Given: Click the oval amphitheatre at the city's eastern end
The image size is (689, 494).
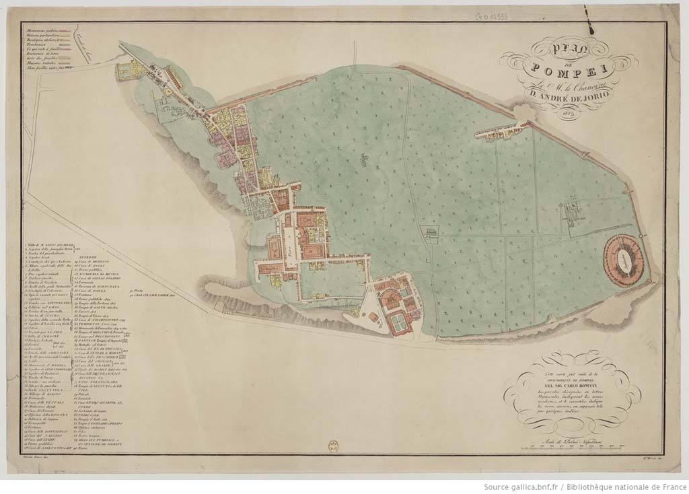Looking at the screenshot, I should point(622,259).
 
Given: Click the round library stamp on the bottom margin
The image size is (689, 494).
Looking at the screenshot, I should point(332,446).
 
